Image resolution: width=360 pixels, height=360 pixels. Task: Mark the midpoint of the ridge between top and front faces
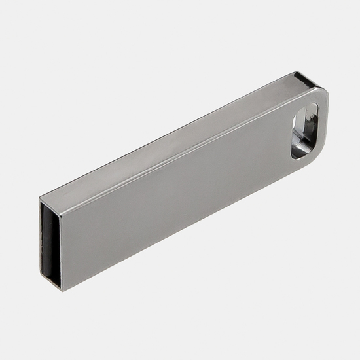pos(183,154)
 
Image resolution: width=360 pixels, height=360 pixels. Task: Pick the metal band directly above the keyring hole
pos(308,98)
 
